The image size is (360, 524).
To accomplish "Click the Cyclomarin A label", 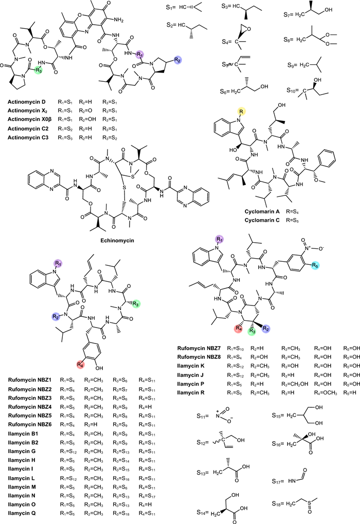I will (274, 212).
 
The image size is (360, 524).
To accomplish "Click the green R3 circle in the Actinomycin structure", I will (39, 70).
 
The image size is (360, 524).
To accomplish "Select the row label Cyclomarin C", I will (274, 221).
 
